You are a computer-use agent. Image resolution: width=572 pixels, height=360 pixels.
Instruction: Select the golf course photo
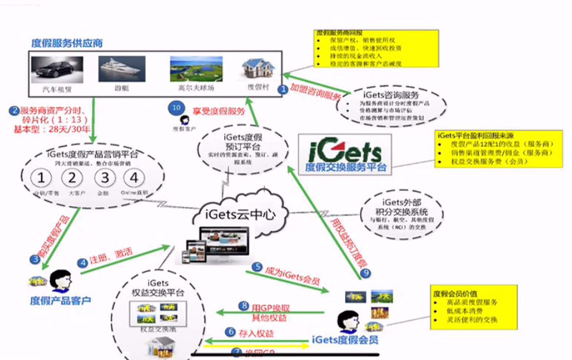pos(193,69)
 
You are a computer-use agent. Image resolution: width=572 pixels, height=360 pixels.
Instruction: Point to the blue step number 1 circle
pos(283,89)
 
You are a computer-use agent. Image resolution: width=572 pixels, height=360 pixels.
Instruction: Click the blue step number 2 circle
pos(14,111)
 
